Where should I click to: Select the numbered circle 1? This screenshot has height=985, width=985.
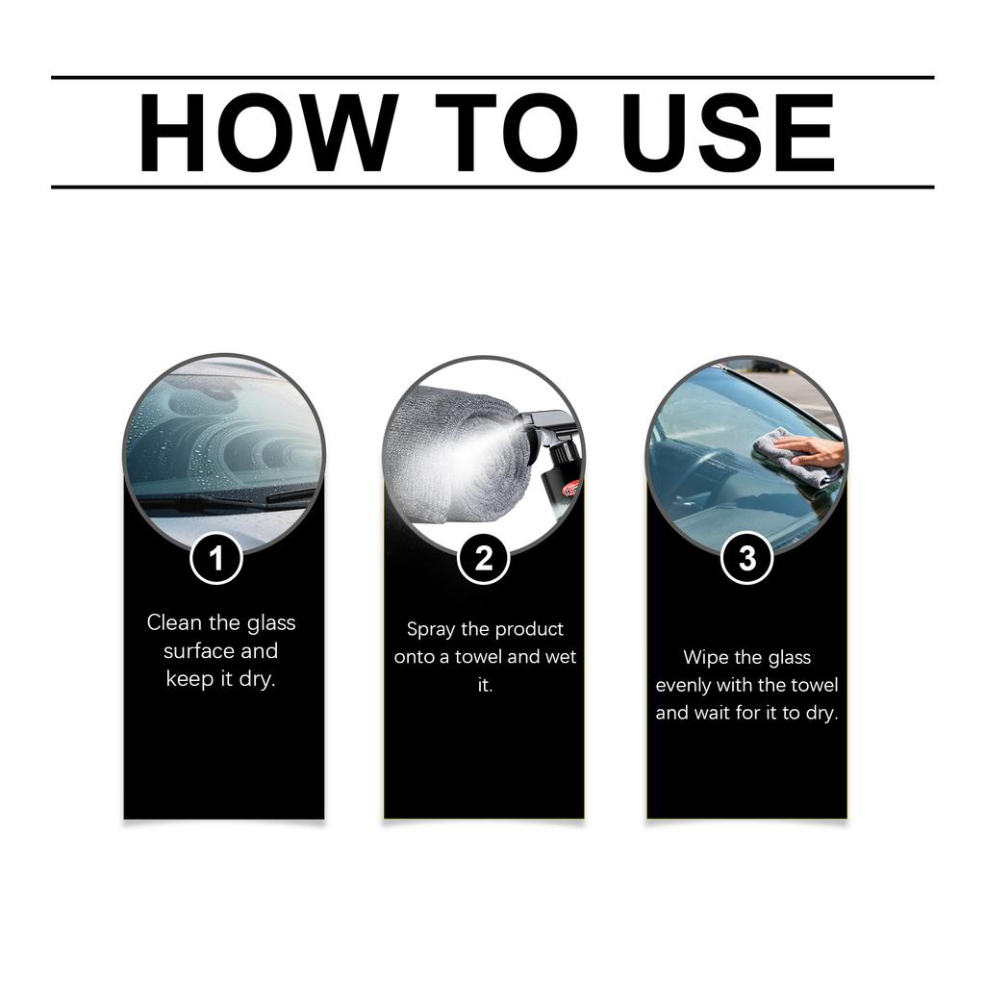(215, 559)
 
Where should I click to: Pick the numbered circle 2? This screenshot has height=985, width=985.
(484, 559)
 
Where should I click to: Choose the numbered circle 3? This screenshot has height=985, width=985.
(746, 559)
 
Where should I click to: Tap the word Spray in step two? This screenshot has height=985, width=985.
(429, 630)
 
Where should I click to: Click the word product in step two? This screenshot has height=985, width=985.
(527, 630)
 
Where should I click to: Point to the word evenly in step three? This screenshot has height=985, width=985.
(683, 686)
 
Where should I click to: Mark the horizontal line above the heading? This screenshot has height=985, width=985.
(492, 77)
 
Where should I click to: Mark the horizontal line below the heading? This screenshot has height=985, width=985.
(492, 187)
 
